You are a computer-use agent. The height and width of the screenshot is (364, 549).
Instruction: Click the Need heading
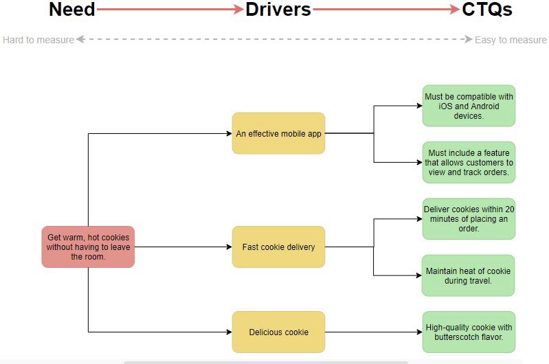pyautogui.click(x=71, y=10)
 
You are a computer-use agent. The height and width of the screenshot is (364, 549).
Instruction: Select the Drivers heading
pyautogui.click(x=278, y=10)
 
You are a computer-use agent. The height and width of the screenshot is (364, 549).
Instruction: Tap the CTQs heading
pyautogui.click(x=486, y=10)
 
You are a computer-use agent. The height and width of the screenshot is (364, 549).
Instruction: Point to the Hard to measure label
pyautogui.click(x=38, y=40)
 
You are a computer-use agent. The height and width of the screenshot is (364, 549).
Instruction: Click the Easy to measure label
pyautogui.click(x=511, y=40)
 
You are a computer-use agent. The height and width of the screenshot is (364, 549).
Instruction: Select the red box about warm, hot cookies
pyautogui.click(x=88, y=247)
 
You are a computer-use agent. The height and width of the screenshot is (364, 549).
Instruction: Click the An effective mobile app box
pyautogui.click(x=278, y=133)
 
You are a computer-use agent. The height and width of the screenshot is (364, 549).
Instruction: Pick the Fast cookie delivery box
pyautogui.click(x=278, y=247)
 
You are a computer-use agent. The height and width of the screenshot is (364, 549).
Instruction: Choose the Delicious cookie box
pyautogui.click(x=278, y=332)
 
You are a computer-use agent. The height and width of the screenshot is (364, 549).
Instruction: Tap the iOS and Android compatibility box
pyautogui.click(x=468, y=106)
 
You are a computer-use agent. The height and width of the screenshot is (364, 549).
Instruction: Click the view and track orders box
pyautogui.click(x=468, y=163)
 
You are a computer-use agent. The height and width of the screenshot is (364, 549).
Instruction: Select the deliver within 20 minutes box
pyautogui.click(x=468, y=218)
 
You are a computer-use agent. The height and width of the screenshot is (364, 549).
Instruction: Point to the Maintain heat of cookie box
pyautogui.click(x=468, y=275)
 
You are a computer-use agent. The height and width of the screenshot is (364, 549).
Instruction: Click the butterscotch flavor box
pyautogui.click(x=468, y=332)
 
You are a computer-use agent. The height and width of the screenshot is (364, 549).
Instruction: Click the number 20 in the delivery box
pyautogui.click(x=509, y=209)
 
